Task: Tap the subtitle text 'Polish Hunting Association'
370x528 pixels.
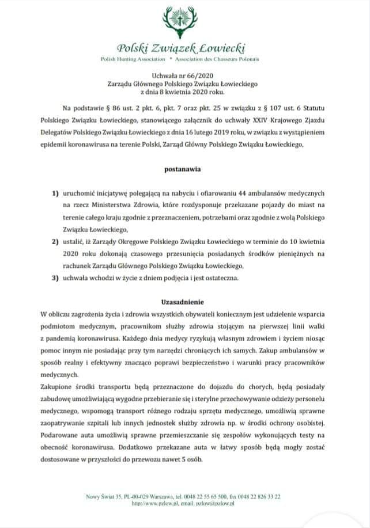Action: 133,59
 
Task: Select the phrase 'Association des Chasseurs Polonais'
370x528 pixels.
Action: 217,59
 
